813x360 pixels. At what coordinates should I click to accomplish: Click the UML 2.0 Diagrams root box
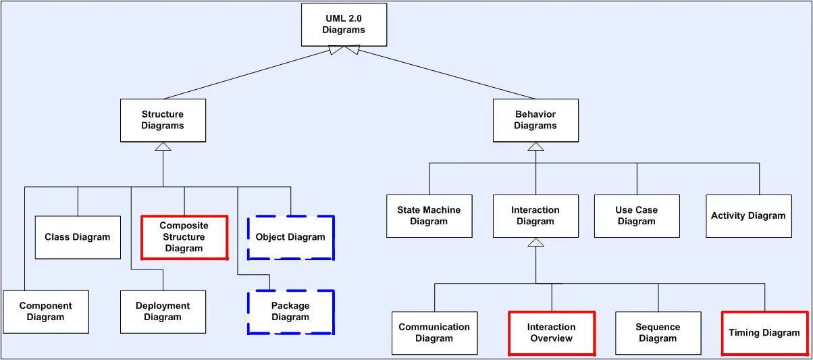(x=344, y=24)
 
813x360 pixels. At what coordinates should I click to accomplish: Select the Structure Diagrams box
(x=163, y=120)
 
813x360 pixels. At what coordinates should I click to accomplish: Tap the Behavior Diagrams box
(x=535, y=120)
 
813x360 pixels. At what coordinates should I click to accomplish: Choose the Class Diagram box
(x=78, y=237)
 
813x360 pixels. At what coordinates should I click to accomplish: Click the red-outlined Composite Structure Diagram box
(x=184, y=237)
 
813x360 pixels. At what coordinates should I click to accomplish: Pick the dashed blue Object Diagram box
(x=290, y=237)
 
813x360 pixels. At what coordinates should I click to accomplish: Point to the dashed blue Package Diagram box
(x=290, y=312)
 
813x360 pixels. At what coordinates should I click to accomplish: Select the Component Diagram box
(x=45, y=312)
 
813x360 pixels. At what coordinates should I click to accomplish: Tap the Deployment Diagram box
(x=163, y=312)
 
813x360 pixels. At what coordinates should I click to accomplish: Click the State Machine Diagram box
(x=429, y=216)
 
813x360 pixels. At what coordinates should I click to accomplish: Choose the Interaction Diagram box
(x=535, y=216)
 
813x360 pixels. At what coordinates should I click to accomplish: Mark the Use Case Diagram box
(x=637, y=216)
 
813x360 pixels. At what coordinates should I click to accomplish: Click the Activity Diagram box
(x=748, y=216)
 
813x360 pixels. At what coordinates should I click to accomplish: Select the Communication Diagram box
(x=434, y=333)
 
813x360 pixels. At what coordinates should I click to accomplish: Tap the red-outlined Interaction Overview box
(x=552, y=333)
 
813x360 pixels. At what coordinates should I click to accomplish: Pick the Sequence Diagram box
(x=658, y=333)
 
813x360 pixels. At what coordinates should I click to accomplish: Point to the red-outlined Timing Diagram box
(x=764, y=333)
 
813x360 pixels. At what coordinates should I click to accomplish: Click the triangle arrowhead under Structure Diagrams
(x=163, y=147)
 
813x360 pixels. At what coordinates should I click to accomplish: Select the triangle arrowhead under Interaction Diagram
(x=535, y=242)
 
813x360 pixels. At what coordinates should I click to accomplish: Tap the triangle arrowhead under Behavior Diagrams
(x=535, y=147)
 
